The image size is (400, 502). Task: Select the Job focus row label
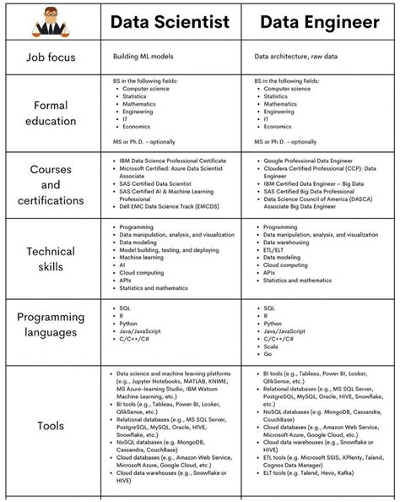(51, 57)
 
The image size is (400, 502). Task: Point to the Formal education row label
(51, 113)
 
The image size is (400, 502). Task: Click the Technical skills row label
(51, 259)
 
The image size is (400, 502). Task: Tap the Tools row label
(51, 426)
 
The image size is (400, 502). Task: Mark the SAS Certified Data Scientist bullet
(157, 183)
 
